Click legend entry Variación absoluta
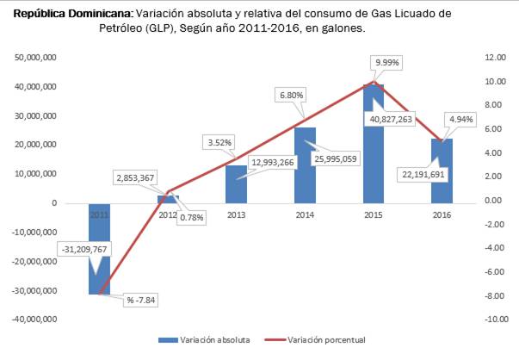pos(215,340)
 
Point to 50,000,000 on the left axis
pos(36,57)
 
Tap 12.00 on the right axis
pos(495,57)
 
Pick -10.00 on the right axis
pos(494,320)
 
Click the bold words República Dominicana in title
pos(73,15)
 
